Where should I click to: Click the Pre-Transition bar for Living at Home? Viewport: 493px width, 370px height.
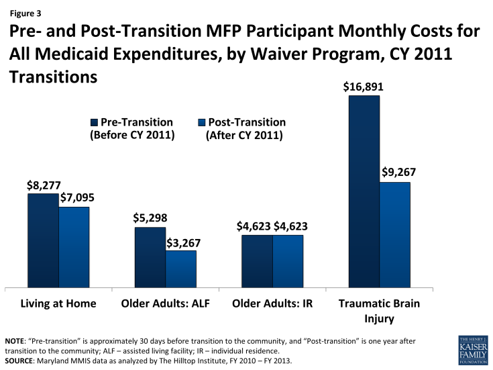(x=43, y=240)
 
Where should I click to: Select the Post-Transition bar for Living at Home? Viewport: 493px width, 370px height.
(x=74, y=247)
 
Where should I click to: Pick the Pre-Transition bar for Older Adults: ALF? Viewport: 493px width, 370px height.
(x=150, y=257)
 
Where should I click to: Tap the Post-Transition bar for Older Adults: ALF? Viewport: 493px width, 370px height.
(x=181, y=269)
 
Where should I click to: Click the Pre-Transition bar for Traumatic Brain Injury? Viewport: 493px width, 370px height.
(x=364, y=191)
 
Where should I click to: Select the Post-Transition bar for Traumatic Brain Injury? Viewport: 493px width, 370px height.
(x=395, y=234)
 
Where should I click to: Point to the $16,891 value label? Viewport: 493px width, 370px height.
(x=365, y=87)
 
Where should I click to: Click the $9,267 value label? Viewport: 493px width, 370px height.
(x=398, y=173)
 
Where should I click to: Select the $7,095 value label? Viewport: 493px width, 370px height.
(x=75, y=197)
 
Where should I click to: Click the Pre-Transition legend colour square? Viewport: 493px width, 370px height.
(x=94, y=123)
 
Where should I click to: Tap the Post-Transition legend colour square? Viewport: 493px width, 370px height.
(x=201, y=123)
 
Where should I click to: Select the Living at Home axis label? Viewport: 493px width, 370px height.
(x=58, y=304)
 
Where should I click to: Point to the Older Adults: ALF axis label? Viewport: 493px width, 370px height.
(x=166, y=304)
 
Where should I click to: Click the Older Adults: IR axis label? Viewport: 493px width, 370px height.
(x=272, y=304)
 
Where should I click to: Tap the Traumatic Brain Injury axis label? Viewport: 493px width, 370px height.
(x=380, y=310)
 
